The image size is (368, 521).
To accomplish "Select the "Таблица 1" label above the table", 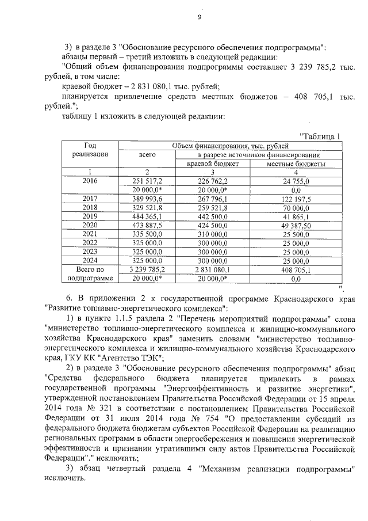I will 321,136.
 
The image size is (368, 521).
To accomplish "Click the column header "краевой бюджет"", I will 212,163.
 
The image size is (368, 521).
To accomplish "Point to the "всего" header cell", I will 148,155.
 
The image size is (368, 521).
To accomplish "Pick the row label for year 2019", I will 90,215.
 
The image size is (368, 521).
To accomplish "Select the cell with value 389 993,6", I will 148,198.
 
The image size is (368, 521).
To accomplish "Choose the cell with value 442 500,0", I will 212,215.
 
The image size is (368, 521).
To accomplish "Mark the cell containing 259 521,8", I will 212,207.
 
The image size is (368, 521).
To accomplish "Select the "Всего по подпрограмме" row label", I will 90,273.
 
